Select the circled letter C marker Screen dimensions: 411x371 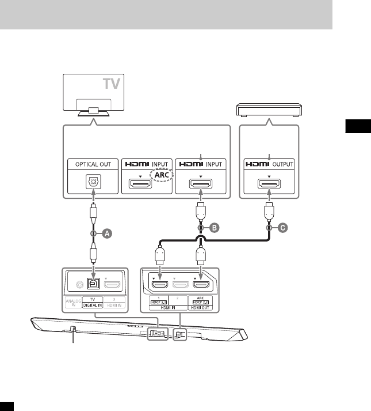pyautogui.click(x=283, y=228)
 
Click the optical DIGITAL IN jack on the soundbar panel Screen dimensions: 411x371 pyautogui.click(x=91, y=284)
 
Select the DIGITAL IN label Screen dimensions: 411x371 pyautogui.click(x=92, y=306)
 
